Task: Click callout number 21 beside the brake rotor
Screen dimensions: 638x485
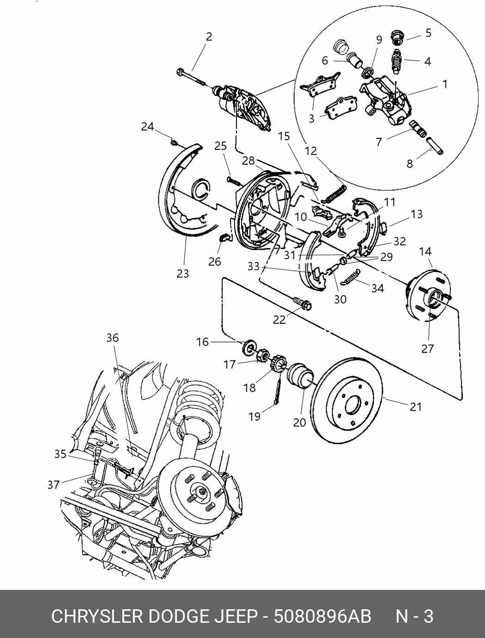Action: click(416, 407)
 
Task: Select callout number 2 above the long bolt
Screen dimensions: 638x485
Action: click(209, 37)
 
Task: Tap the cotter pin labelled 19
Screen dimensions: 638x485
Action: click(278, 390)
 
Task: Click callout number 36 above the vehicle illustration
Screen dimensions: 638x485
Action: click(112, 338)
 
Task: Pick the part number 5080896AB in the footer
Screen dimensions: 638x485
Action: click(322, 616)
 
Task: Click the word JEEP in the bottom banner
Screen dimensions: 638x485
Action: click(236, 616)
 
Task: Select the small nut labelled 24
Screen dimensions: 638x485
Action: click(173, 142)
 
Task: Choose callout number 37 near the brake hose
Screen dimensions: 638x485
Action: click(54, 484)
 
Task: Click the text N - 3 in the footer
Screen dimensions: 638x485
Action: click(414, 616)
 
